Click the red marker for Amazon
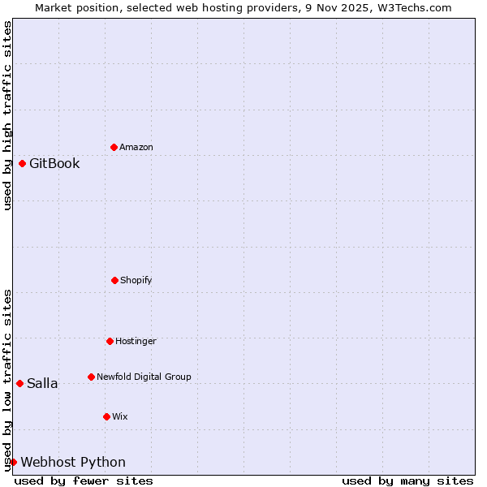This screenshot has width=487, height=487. click(114, 147)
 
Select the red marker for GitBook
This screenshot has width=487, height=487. click(22, 163)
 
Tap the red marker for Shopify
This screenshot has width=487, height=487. click(114, 280)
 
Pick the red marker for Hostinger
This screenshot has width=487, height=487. click(110, 341)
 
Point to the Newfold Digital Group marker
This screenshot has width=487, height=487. click(91, 377)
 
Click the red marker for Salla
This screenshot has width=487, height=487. click(19, 383)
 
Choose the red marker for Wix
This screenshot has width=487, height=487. click(106, 416)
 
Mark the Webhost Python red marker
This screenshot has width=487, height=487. click(13, 462)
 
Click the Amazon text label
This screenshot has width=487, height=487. click(136, 147)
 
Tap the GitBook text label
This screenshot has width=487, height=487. click(54, 163)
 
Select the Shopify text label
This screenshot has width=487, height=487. click(136, 280)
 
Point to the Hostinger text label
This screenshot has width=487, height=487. click(136, 341)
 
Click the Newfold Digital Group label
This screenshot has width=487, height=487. click(144, 377)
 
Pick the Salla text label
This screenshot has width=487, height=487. click(42, 383)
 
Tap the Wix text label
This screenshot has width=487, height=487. click(120, 416)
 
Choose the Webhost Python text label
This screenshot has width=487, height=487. click(73, 462)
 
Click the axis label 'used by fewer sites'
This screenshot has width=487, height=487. click(84, 481)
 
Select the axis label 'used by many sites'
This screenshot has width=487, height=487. click(407, 481)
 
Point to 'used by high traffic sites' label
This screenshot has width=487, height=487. click(7, 115)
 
